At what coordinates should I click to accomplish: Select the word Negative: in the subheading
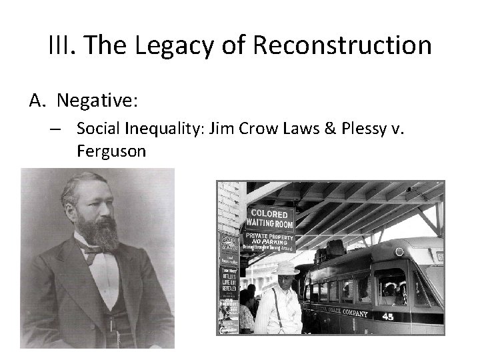pyautogui.click(x=97, y=101)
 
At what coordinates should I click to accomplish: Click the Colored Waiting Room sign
pyautogui.click(x=269, y=218)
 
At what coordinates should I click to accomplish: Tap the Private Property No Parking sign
pyautogui.click(x=269, y=242)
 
